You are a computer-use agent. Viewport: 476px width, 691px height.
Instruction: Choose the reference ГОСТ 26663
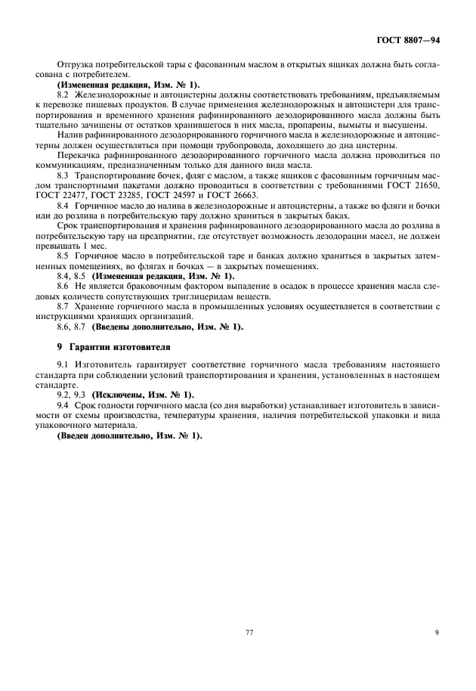click(234, 194)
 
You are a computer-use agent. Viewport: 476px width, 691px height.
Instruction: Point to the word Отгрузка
click(79, 66)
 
